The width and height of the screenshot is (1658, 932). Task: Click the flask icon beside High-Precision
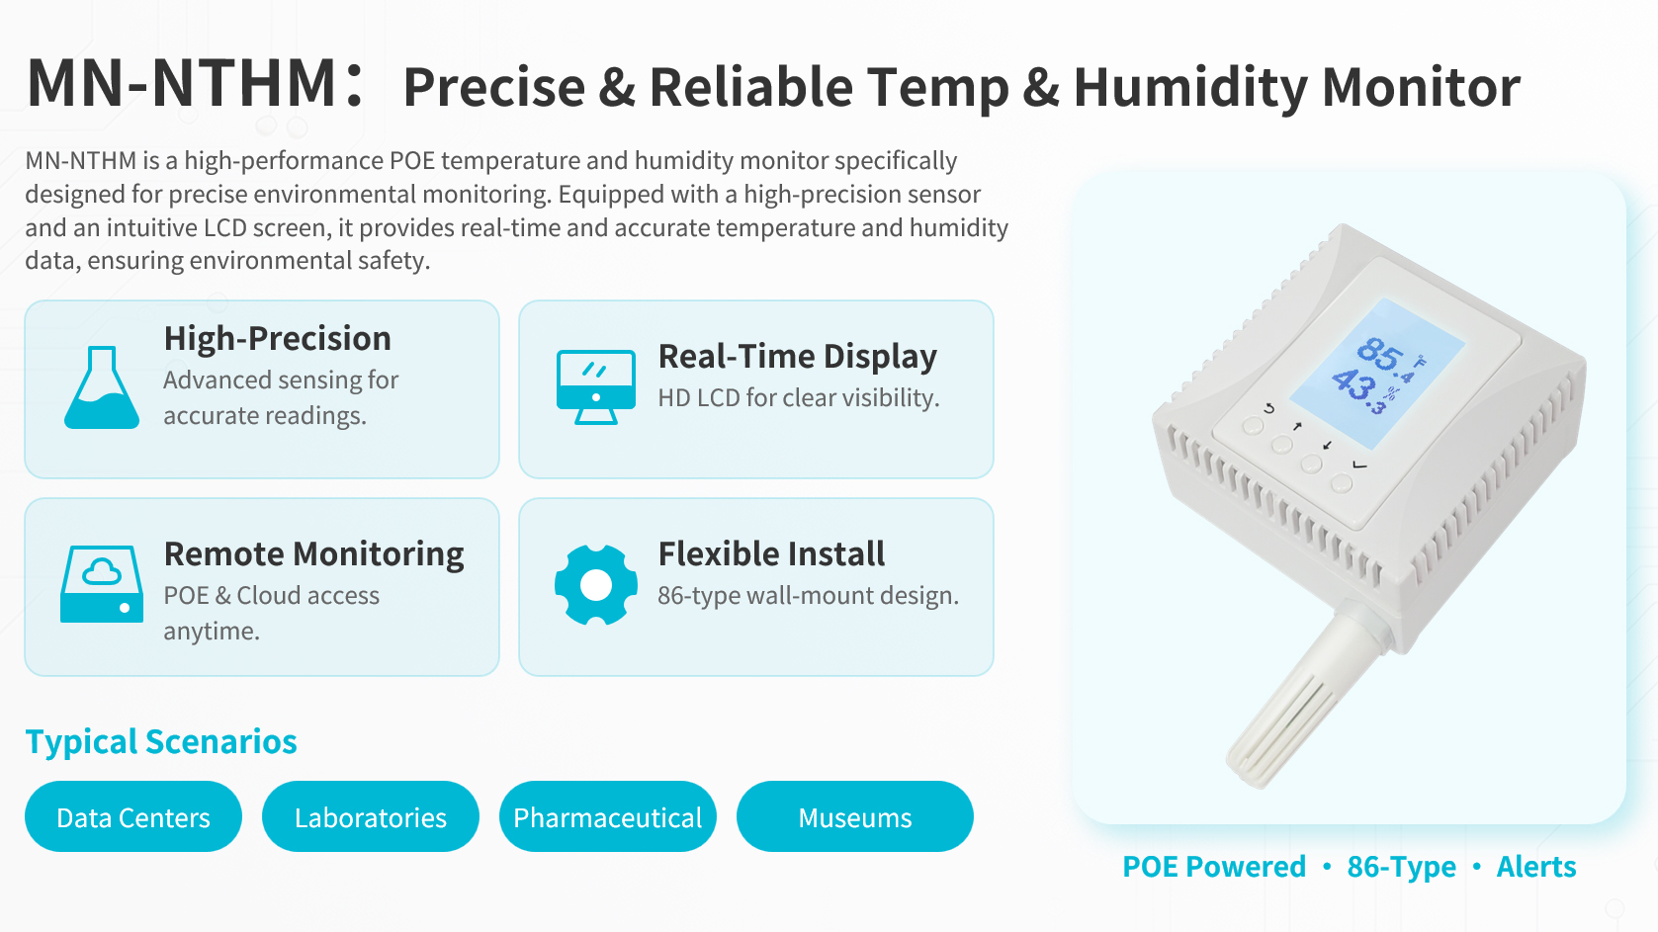click(102, 387)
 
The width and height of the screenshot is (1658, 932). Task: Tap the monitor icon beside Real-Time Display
click(596, 386)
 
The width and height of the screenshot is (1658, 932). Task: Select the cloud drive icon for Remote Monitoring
click(102, 583)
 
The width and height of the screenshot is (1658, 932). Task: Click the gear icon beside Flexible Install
click(596, 585)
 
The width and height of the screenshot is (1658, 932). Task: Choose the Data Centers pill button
click(133, 816)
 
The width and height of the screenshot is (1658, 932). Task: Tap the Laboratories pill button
click(371, 816)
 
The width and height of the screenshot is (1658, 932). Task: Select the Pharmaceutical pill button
click(608, 816)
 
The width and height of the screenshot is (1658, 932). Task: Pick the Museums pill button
click(855, 816)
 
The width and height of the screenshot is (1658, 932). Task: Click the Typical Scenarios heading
click(161, 741)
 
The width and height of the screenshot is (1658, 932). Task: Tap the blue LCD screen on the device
click(1377, 374)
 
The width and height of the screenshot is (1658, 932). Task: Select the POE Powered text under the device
click(1214, 866)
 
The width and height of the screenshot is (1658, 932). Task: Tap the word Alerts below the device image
click(1536, 866)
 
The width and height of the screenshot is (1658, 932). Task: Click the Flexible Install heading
click(771, 553)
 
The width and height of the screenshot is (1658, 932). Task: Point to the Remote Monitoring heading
click(313, 554)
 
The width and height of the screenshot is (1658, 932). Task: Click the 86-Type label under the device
click(1401, 867)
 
